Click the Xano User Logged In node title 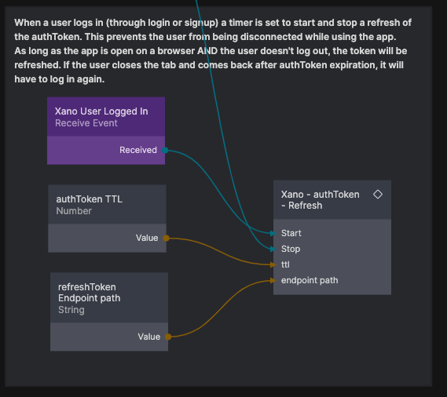[101, 111]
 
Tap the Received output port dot [165, 150]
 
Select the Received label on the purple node [138, 150]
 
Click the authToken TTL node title [90, 199]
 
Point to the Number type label [74, 211]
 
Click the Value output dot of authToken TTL [166, 238]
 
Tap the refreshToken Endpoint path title [90, 293]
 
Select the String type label [71, 310]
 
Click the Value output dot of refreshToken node [168, 337]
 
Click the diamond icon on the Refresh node [378, 195]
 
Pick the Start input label [291, 233]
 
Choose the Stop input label [291, 249]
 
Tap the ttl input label [285, 264]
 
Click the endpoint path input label [310, 281]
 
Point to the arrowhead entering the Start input [273, 234]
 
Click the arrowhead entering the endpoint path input [273, 281]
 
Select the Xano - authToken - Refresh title [321, 200]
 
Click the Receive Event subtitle [86, 123]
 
